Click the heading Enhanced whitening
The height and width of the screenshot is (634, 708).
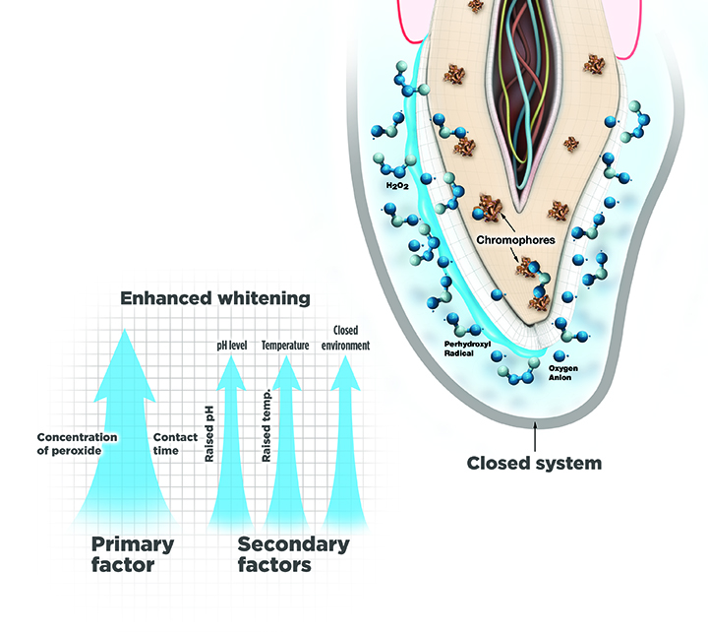pyautogui.click(x=214, y=297)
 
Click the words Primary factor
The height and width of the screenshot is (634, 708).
pyautogui.click(x=133, y=554)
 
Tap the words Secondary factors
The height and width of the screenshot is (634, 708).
pyautogui.click(x=293, y=554)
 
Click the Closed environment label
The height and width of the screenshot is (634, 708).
pyautogui.click(x=351, y=338)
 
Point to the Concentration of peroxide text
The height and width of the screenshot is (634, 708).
pyautogui.click(x=77, y=444)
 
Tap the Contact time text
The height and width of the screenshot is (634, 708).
pyautogui.click(x=176, y=444)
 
